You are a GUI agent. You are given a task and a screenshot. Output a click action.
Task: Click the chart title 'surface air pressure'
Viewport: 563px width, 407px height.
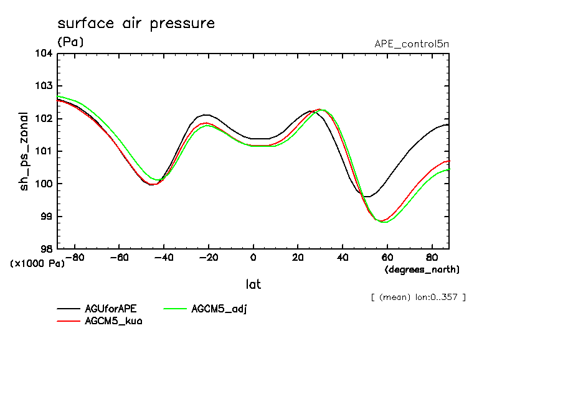coord(136,24)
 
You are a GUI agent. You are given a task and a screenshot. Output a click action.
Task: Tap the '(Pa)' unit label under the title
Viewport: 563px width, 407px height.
coord(70,42)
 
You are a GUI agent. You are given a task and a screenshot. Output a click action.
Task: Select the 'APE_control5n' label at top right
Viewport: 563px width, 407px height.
coord(411,44)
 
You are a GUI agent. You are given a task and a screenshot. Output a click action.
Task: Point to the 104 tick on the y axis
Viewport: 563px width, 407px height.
coord(44,54)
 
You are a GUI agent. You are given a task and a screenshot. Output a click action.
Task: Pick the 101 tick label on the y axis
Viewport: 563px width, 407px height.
coord(44,151)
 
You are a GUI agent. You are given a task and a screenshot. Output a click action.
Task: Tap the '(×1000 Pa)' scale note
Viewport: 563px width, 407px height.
coord(37,263)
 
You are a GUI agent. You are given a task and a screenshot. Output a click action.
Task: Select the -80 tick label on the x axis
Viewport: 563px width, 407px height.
coord(75,256)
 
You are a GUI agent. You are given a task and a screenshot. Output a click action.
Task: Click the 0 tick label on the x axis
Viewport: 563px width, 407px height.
coord(253,256)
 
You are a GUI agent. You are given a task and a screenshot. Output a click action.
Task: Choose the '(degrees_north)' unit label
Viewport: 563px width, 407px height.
coord(422,269)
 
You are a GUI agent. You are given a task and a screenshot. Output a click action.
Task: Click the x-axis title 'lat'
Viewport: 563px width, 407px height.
coord(253,284)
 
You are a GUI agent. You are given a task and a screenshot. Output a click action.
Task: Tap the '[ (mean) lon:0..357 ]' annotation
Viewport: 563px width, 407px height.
coord(417,297)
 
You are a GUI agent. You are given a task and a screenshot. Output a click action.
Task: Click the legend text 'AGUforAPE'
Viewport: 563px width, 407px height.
coord(110,309)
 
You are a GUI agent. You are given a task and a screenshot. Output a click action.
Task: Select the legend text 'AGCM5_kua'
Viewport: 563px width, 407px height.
coord(113,321)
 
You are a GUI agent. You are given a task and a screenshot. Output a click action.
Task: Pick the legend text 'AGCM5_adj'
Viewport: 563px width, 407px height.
coord(219,309)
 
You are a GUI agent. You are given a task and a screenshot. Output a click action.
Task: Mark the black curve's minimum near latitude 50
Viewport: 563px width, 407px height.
coord(367,197)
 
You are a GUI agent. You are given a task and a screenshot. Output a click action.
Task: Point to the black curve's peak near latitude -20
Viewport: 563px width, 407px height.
coord(206,115)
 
